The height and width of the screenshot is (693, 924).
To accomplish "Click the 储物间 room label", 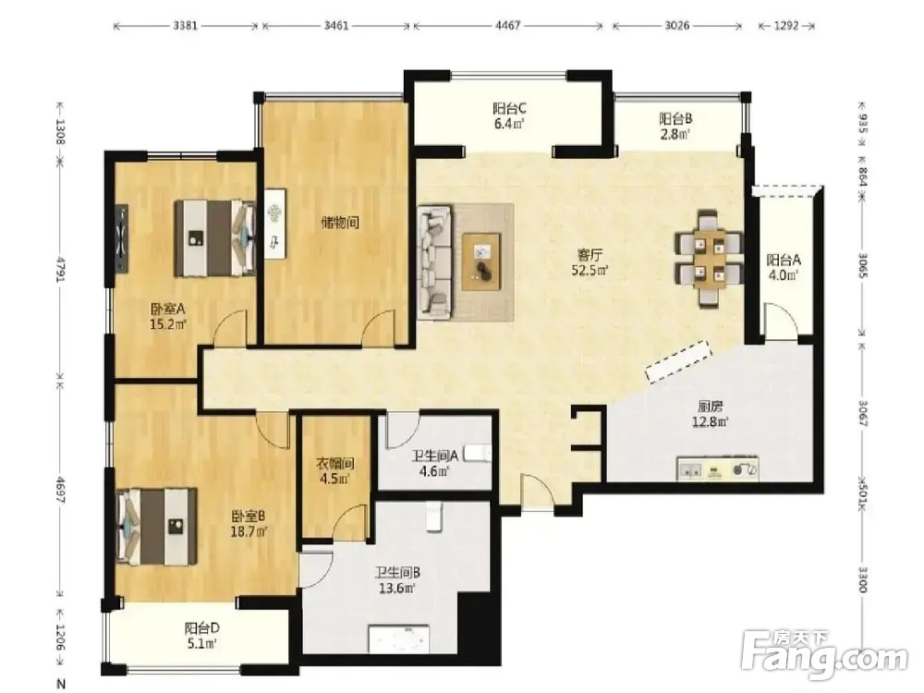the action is coord(340,223).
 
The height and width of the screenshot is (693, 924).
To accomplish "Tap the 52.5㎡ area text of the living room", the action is coord(590,271).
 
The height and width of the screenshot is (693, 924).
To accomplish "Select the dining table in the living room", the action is coord(709,259).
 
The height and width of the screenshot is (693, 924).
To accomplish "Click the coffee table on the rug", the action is coord(481,261).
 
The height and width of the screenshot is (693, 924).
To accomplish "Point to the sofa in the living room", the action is coord(435,262).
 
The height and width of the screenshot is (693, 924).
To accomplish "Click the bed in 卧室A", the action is coord(215,238).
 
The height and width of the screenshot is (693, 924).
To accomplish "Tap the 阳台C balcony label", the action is coord(509,109).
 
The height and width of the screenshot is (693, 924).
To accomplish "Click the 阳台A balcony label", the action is coord(784,260).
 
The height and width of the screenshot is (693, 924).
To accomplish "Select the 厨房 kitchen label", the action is coord(710,407).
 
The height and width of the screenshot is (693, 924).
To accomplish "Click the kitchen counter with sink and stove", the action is coord(718,469).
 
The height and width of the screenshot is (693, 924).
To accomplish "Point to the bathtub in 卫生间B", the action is coord(399,638).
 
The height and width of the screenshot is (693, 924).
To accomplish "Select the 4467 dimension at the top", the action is coord(507,26).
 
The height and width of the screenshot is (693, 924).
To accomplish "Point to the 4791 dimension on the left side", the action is coord(59,268).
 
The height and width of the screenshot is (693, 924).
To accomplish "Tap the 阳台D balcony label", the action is coord(201,628).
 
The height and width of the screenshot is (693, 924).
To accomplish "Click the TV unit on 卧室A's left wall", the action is coord(121,238).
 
